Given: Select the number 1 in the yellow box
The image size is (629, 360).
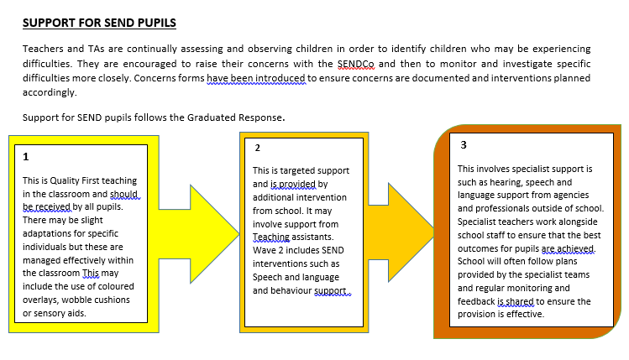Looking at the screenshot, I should point(26,157).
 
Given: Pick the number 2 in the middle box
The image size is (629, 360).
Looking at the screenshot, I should point(258,148).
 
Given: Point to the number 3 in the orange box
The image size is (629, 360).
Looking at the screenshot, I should point(464,144).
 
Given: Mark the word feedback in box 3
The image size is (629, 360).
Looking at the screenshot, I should point(477,300).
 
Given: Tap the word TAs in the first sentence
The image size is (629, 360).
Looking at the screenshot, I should point(88,50).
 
